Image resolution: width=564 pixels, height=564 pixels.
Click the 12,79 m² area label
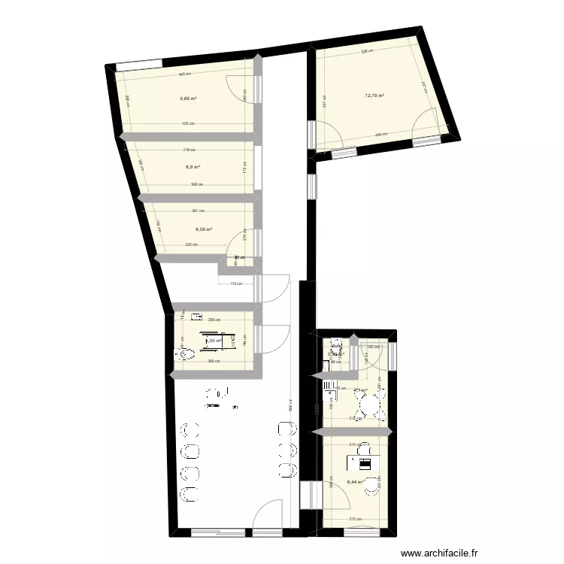tap(374, 96)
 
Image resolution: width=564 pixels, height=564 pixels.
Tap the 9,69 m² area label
tap(188, 99)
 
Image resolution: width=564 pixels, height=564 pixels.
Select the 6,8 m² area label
tap(193, 168)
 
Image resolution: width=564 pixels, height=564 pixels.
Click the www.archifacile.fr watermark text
tap(441, 551)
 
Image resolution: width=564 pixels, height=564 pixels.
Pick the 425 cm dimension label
tap(187, 124)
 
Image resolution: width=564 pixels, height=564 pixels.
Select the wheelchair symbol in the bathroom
tap(205, 340)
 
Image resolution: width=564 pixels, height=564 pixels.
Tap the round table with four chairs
tap(368, 406)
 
